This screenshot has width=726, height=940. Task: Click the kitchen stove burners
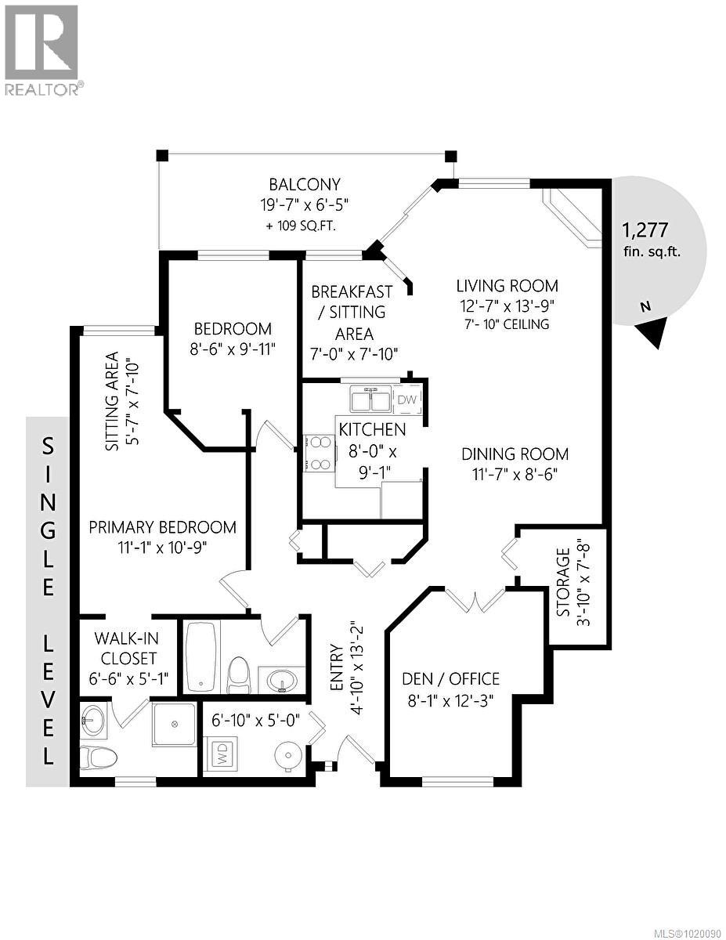[x=320, y=454]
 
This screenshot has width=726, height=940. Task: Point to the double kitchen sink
[x=370, y=400]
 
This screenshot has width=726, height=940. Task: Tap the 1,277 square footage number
[x=645, y=230]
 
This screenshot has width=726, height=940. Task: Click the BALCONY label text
[x=305, y=185]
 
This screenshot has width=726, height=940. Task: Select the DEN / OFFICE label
[x=450, y=679]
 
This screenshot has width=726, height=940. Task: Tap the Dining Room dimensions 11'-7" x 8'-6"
[x=515, y=474]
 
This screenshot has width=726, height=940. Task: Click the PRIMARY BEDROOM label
[x=162, y=527]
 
